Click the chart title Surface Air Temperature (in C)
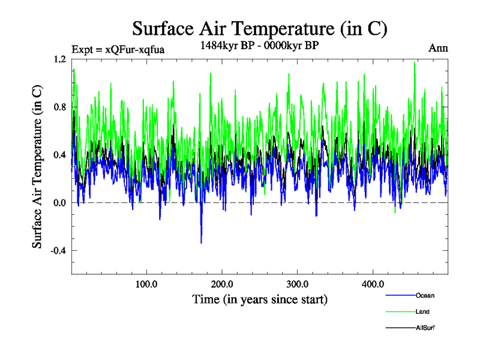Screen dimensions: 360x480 [260, 29]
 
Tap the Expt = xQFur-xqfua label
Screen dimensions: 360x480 [118, 49]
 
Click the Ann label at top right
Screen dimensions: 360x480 [438, 48]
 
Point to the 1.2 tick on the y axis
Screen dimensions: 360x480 [59, 59]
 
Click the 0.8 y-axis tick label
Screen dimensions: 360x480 [59, 107]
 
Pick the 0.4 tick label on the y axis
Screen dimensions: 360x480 [59, 155]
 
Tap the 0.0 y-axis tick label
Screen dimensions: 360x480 [59, 203]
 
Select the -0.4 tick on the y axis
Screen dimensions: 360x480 [58, 251]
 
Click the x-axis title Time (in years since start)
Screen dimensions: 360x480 [260, 299]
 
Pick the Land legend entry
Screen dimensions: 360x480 [422, 311]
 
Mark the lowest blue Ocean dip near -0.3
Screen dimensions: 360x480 [201, 242]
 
